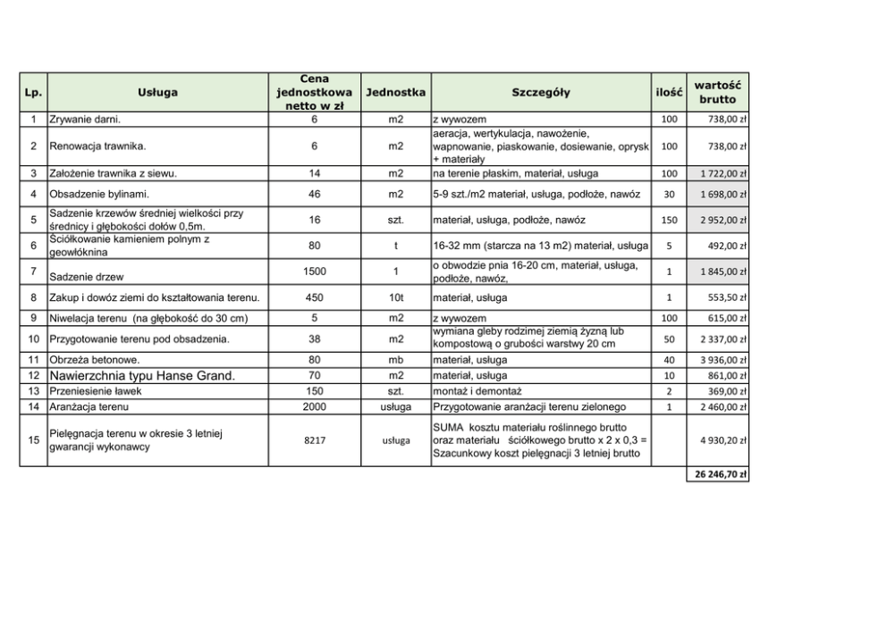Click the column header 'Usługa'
click(157, 92)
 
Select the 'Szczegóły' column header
click(540, 92)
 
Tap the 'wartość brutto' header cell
click(717, 92)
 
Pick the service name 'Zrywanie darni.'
click(85, 119)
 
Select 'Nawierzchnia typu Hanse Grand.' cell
click(142, 376)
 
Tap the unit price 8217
click(315, 439)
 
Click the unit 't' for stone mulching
click(396, 246)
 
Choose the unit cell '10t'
click(396, 297)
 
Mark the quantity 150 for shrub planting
click(668, 220)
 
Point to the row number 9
click(33, 318)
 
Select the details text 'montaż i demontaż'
click(477, 391)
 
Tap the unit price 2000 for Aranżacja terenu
click(315, 407)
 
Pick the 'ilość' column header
click(668, 92)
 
